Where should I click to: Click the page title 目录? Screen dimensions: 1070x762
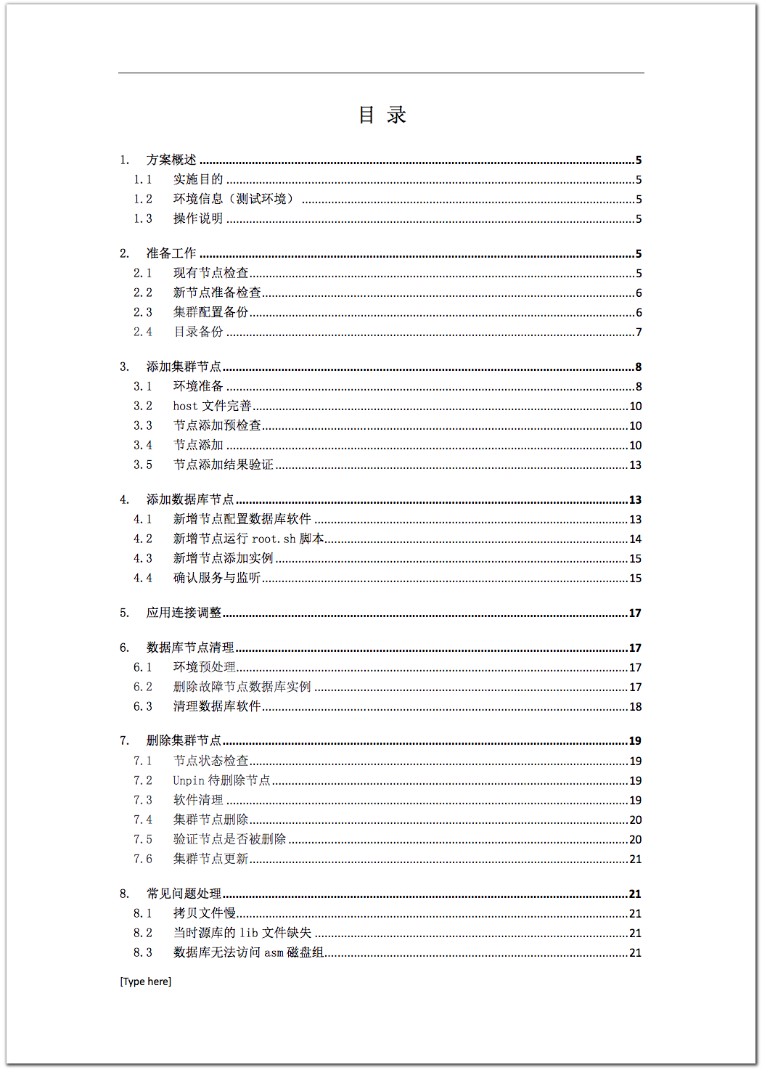click(382, 115)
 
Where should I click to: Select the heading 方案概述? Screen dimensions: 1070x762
click(171, 160)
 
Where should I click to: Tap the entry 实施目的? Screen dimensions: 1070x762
click(198, 179)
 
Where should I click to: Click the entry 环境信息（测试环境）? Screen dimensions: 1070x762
click(233, 199)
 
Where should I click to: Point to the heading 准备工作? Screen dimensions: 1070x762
click(171, 253)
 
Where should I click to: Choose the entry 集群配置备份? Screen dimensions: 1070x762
click(211, 312)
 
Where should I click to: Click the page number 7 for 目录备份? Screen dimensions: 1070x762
click(639, 332)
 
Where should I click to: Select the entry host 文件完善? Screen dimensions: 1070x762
click(212, 406)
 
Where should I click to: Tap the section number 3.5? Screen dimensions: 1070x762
click(143, 465)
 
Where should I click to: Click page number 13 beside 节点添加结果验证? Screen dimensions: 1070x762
click(635, 465)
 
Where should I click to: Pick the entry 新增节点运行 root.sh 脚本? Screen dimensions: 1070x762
click(248, 539)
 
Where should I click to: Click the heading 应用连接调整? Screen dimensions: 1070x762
click(184, 613)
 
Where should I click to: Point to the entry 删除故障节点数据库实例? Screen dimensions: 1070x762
click(242, 687)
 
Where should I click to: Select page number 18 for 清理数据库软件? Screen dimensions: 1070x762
click(635, 707)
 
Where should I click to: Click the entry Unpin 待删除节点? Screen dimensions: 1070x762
click(221, 780)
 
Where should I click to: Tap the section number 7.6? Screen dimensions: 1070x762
click(143, 859)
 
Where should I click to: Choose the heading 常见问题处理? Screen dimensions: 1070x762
click(184, 894)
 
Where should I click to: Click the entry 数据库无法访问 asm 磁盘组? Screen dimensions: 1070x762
click(248, 952)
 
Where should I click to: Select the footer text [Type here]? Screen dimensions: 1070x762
click(146, 981)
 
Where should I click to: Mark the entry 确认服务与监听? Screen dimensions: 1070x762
click(217, 578)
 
